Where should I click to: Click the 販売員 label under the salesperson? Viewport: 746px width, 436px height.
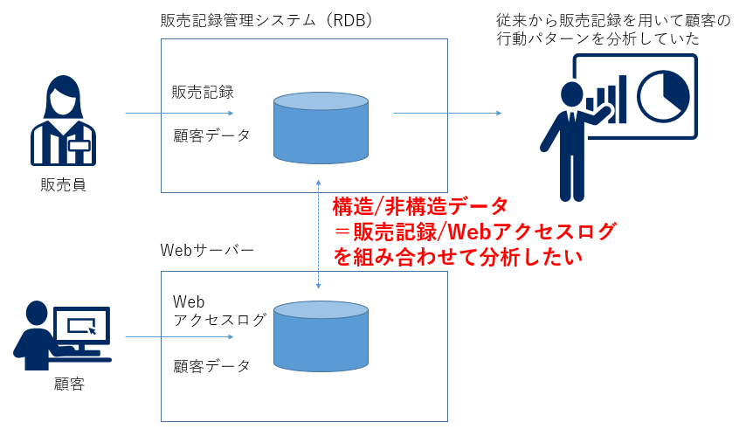[x=63, y=184]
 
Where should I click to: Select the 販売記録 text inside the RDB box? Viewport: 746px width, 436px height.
[x=203, y=92]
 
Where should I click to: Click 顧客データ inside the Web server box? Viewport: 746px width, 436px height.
[x=211, y=365]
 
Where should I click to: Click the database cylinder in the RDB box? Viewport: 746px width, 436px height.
[x=320, y=126]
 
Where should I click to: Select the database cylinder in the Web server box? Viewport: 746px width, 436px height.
[x=320, y=337]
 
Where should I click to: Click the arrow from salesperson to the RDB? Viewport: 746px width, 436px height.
[x=179, y=114]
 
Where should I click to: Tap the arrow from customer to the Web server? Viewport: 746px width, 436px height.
[x=179, y=337]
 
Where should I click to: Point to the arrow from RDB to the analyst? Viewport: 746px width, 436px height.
[x=447, y=114]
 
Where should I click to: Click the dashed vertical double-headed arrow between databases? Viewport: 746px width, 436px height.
[x=320, y=236]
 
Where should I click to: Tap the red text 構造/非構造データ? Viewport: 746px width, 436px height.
[x=420, y=207]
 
